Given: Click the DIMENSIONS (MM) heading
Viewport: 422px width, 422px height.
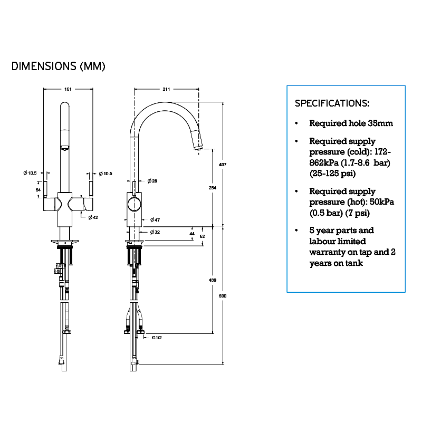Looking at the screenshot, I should (59, 66).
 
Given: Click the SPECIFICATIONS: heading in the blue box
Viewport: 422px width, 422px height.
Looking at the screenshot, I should (332, 103).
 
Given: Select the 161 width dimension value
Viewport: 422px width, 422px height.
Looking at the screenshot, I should (68, 89).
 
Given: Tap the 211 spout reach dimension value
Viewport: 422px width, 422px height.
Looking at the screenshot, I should (167, 89).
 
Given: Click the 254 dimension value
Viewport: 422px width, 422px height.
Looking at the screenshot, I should (212, 188).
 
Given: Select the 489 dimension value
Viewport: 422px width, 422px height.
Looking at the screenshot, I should (212, 280).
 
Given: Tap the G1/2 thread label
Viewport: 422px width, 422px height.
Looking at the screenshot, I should (156, 337).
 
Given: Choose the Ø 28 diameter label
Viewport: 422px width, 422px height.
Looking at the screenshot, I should (152, 181).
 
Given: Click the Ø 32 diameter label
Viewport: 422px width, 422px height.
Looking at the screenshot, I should (155, 232).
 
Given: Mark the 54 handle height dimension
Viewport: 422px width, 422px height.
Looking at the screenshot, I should (38, 189).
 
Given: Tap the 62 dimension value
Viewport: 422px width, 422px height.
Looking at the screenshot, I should (202, 236).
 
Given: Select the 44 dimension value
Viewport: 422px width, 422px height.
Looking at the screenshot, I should (191, 233).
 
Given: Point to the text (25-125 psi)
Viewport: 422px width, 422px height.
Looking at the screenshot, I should (332, 173).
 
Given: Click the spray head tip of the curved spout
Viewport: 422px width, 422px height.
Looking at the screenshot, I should (197, 148).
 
